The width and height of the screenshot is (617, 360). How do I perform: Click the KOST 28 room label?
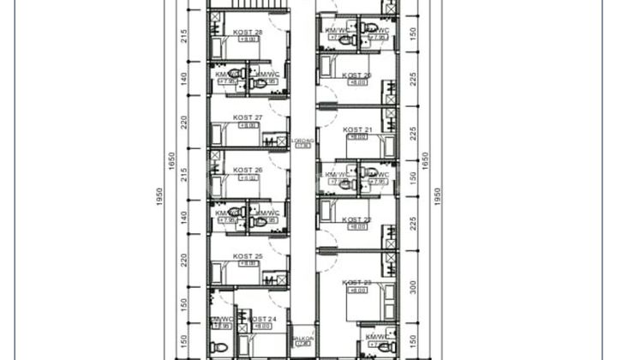click(248, 33)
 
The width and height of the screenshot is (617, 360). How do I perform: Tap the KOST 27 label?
click(248, 117)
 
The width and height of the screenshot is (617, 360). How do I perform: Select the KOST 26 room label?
click(248, 171)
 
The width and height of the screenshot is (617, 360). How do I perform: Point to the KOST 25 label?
click(248, 256)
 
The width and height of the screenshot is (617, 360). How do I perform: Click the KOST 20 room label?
click(356, 75)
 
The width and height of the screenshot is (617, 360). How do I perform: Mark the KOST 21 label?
click(356, 129)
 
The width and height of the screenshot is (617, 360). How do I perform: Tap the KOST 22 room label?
click(356, 219)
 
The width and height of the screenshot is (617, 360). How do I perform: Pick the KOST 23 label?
click(356, 283)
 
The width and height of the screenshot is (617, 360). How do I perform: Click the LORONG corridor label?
click(303, 140)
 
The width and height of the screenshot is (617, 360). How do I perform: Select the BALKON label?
click(303, 338)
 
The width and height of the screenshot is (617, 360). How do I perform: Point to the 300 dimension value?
click(412, 286)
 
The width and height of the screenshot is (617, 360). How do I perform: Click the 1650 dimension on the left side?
click(171, 161)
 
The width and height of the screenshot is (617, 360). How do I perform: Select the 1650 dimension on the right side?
click(424, 161)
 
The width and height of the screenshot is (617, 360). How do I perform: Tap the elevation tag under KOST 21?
click(356, 137)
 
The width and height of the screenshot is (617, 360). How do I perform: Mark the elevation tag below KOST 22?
click(356, 227)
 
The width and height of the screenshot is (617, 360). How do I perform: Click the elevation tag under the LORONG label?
click(303, 147)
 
